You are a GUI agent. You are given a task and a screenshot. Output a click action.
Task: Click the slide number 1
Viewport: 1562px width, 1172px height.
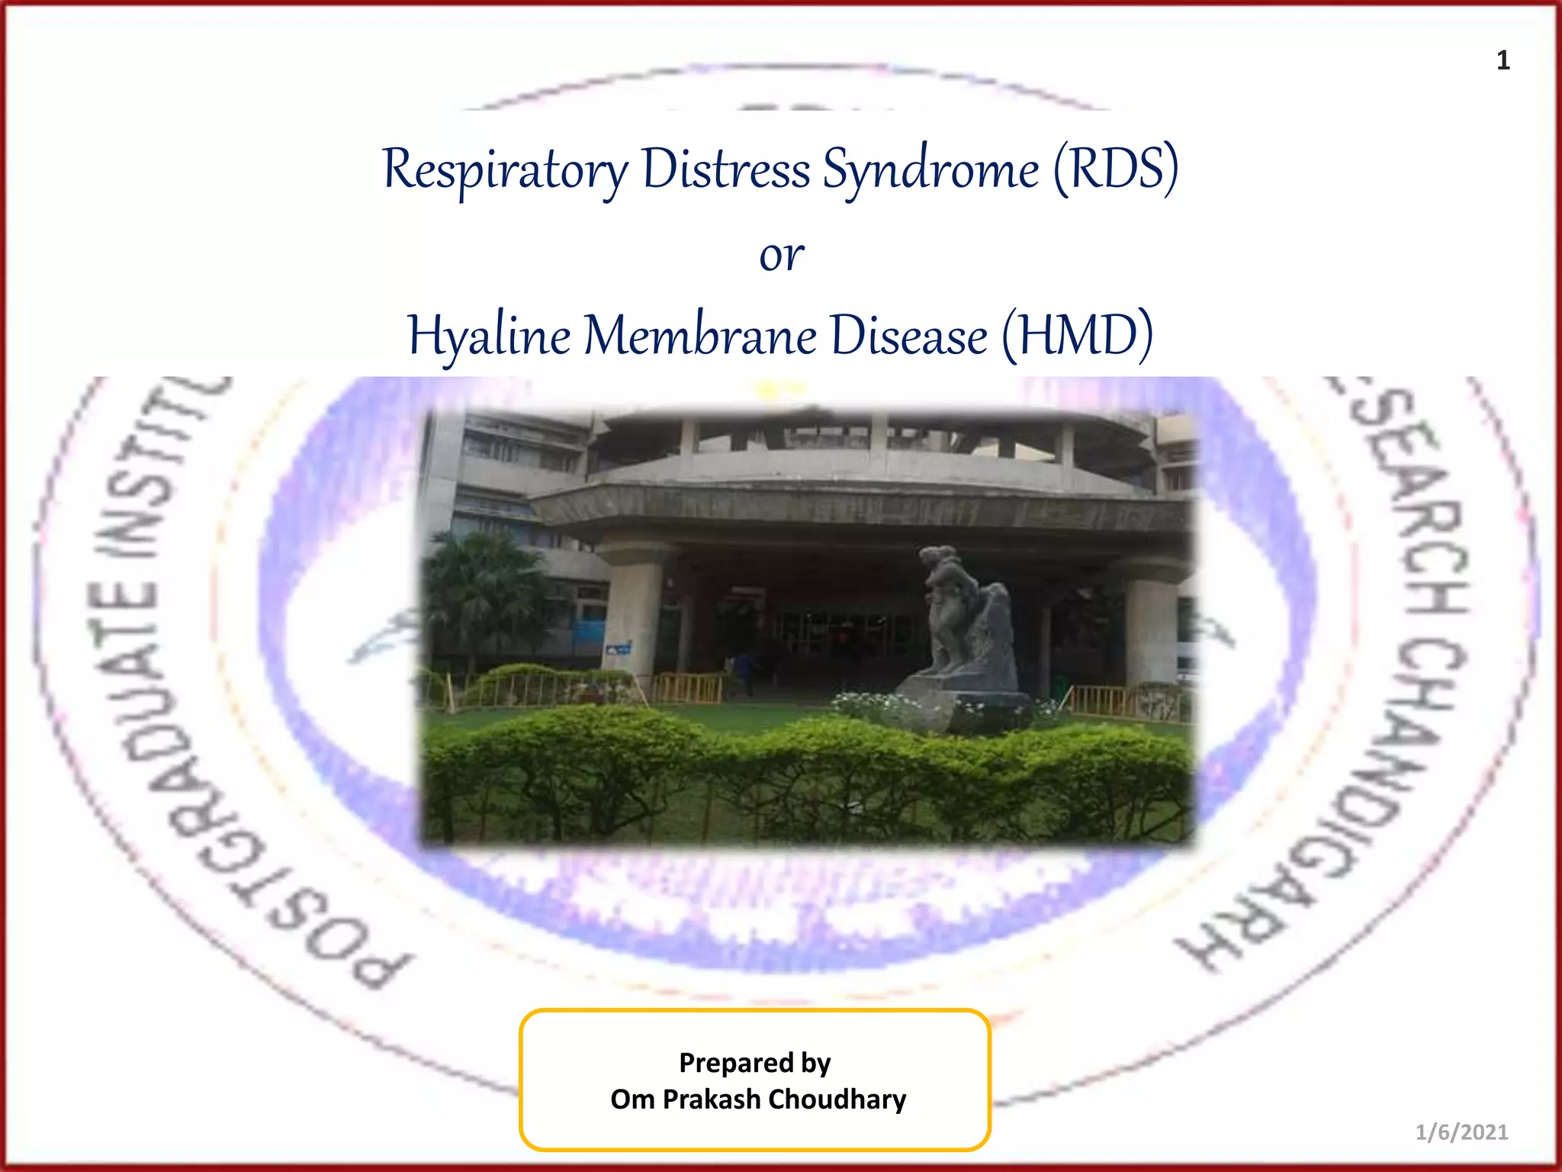pyautogui.click(x=1503, y=60)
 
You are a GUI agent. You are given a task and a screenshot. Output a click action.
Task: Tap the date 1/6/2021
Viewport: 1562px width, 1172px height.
pyautogui.click(x=1461, y=1132)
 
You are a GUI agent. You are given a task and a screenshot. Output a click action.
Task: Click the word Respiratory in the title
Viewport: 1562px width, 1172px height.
pyautogui.click(x=506, y=169)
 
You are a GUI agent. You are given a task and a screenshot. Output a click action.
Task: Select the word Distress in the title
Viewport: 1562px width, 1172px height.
pyautogui.click(x=725, y=169)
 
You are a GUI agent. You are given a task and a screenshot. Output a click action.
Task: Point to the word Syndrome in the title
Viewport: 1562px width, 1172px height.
pyautogui.click(x=930, y=169)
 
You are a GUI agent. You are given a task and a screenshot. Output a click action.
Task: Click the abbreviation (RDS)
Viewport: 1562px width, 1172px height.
pyautogui.click(x=1116, y=169)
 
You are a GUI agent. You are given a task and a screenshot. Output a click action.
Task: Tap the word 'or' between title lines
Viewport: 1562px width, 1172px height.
pyautogui.click(x=781, y=256)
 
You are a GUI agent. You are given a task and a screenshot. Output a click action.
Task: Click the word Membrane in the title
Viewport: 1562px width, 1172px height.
pyautogui.click(x=700, y=336)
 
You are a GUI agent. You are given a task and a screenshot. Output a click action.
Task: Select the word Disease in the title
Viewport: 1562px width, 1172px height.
pyautogui.click(x=908, y=336)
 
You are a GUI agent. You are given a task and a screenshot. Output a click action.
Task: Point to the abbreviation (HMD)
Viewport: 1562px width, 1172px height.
pyautogui.click(x=1076, y=336)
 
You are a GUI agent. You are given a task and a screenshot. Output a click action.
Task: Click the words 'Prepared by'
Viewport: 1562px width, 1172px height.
pyautogui.click(x=754, y=1062)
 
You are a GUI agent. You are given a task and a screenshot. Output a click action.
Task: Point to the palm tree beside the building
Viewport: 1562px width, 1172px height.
pyautogui.click(x=480, y=588)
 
